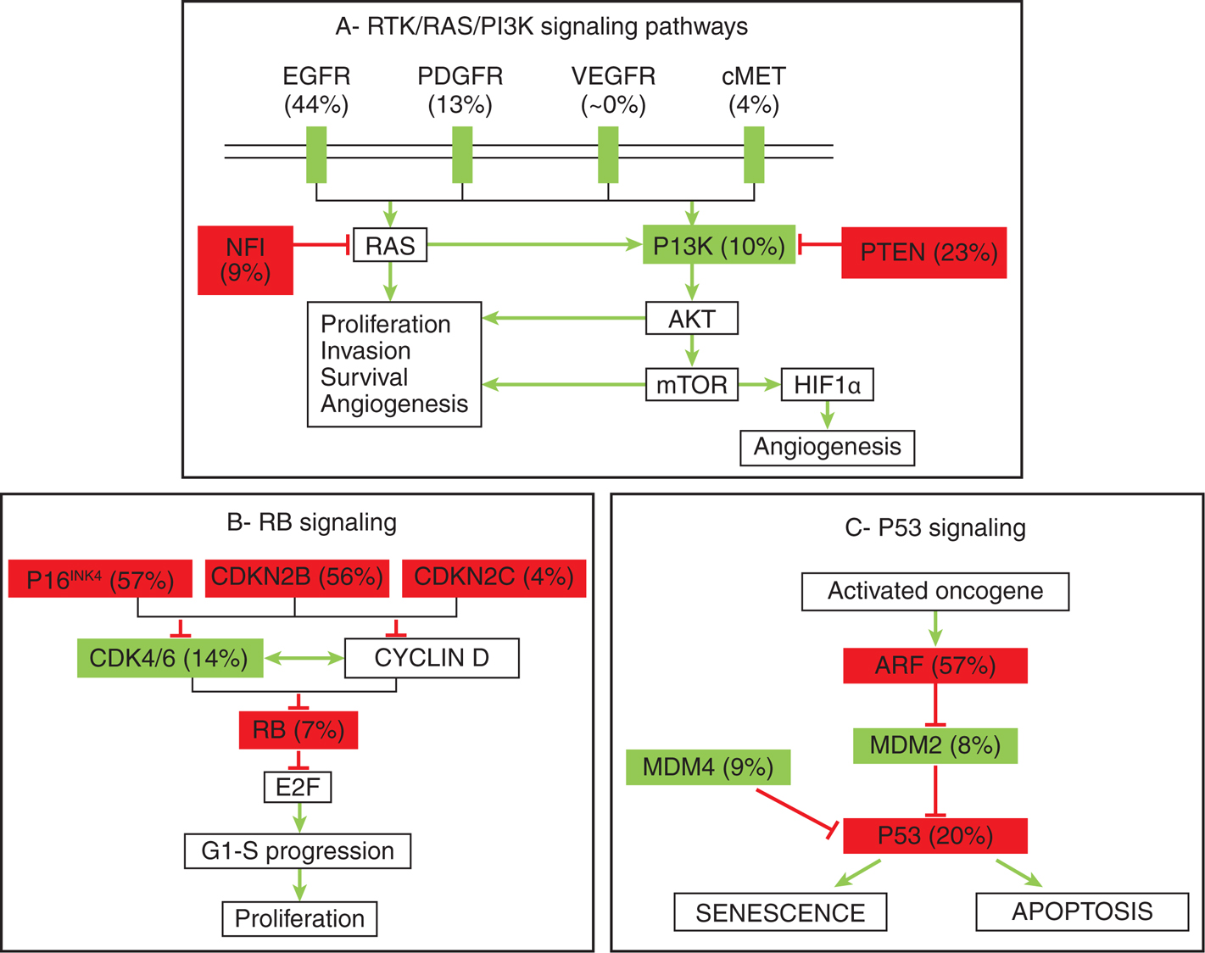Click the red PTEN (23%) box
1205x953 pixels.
[x=923, y=253]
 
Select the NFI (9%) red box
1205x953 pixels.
[x=245, y=260]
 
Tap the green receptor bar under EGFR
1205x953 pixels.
[x=316, y=154]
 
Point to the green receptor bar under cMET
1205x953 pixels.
[x=754, y=154]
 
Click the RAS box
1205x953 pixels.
[x=389, y=246]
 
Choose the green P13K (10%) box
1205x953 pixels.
[x=719, y=245]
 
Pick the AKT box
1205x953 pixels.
[x=692, y=319]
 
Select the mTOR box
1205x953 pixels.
[x=692, y=385]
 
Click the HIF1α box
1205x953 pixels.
[x=827, y=385]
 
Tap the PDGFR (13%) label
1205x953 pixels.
[x=460, y=90]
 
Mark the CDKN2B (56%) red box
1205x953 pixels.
[x=297, y=578]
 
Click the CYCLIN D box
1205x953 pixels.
[x=432, y=658]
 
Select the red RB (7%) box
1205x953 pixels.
[x=298, y=730]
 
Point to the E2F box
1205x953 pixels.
[x=298, y=787]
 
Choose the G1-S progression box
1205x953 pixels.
[x=298, y=850]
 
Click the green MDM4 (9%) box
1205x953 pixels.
[x=708, y=767]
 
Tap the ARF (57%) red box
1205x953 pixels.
[x=935, y=666]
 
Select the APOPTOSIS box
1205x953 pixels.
[x=1082, y=911]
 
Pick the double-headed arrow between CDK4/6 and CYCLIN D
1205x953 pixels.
[x=304, y=658]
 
